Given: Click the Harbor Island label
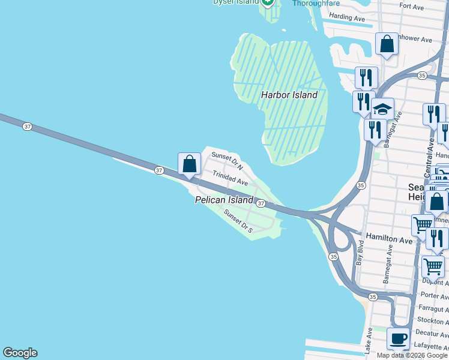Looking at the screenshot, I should click(x=289, y=95).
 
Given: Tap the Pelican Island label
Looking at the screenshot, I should click(x=224, y=200).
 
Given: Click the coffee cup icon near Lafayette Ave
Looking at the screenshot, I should click(x=399, y=338).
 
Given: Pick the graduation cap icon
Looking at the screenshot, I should click(x=382, y=110).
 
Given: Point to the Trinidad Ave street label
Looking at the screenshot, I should click(x=230, y=178).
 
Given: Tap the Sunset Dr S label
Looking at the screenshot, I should click(x=238, y=221).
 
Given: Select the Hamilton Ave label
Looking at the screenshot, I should click(x=390, y=239).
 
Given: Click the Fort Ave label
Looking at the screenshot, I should click(x=412, y=7).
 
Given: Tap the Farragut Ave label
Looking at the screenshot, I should click(x=430, y=308).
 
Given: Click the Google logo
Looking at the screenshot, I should click(x=20, y=353).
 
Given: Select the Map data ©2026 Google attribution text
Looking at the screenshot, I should click(x=412, y=355).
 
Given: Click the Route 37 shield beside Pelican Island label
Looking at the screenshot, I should click(x=261, y=203).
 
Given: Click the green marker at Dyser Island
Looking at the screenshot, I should click(x=268, y=2).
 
